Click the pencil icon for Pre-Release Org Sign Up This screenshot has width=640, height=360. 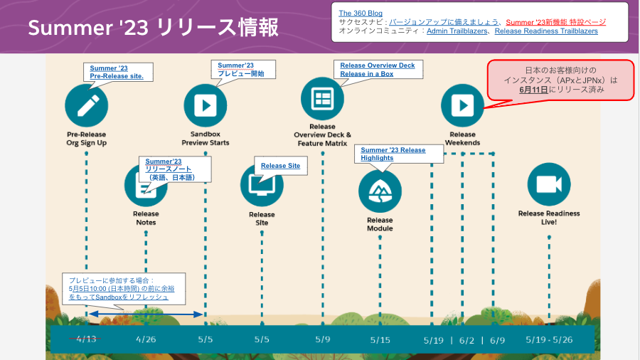[x=86, y=105]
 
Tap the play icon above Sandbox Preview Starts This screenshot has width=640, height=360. [x=205, y=105]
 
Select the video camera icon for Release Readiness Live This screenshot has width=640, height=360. [x=548, y=184]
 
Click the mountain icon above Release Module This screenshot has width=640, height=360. [x=380, y=191]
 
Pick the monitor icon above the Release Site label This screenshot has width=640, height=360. [x=262, y=184]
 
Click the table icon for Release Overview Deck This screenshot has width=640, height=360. [x=322, y=98]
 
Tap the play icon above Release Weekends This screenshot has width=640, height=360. [x=462, y=105]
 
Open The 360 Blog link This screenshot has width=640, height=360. [x=360, y=13]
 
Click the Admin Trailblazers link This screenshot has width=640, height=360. [x=456, y=31]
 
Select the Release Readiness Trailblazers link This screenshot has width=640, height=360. [x=546, y=31]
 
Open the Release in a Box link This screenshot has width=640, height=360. [x=366, y=74]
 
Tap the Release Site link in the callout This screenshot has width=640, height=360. [x=280, y=166]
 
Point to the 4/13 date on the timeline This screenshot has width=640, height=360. [x=85, y=339]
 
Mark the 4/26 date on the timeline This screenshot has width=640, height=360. [x=145, y=339]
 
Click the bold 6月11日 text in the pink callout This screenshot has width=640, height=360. [x=533, y=90]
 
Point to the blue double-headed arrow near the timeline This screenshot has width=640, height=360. [x=145, y=314]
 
